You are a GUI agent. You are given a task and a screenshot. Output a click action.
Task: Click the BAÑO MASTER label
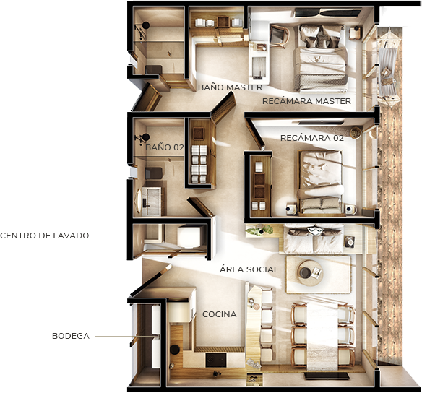coord(230,87)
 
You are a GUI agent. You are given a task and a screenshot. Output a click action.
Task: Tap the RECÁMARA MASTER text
coord(306,101)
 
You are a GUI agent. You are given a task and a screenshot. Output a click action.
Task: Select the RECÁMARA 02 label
coord(312,138)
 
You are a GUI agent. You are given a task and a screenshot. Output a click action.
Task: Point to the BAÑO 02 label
coord(165,147)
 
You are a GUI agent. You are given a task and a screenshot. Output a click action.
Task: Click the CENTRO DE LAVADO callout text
coord(44,236)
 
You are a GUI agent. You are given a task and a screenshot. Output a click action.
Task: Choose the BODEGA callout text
coord(71,336)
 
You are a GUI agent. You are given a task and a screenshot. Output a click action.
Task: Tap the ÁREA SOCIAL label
coord(249,269)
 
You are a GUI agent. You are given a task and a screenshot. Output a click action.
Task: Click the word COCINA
coord(220,314)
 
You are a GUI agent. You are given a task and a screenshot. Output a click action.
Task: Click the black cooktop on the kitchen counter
coord(216,360)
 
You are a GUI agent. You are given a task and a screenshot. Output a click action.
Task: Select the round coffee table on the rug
coord(309,273)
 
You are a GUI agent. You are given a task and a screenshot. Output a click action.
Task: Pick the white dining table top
coord(322,336)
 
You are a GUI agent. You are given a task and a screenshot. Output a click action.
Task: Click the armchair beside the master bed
coord(279,36)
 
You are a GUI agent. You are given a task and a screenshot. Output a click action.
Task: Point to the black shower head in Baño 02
coord(145,137)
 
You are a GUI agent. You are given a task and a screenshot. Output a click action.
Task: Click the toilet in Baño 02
coord(154,173)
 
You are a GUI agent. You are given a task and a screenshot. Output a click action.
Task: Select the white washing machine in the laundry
coord(189,236)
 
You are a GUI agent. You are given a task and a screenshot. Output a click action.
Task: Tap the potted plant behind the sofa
coord(259,230)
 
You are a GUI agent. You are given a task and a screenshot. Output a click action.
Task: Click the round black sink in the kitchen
coord(175,350)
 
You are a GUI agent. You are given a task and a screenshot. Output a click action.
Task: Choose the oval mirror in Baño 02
coord(139,201)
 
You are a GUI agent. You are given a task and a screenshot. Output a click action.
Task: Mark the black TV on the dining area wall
coord(327,376)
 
